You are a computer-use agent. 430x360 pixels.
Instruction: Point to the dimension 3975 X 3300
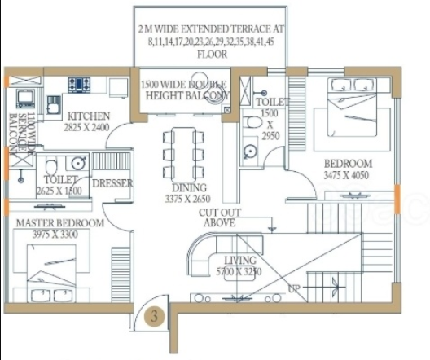point(57,235)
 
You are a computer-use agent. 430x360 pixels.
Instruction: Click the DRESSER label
point(112,184)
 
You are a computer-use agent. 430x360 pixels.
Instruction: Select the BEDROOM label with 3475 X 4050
point(346,163)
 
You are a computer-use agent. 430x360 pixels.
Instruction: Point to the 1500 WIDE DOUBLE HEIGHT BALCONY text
point(184,90)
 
